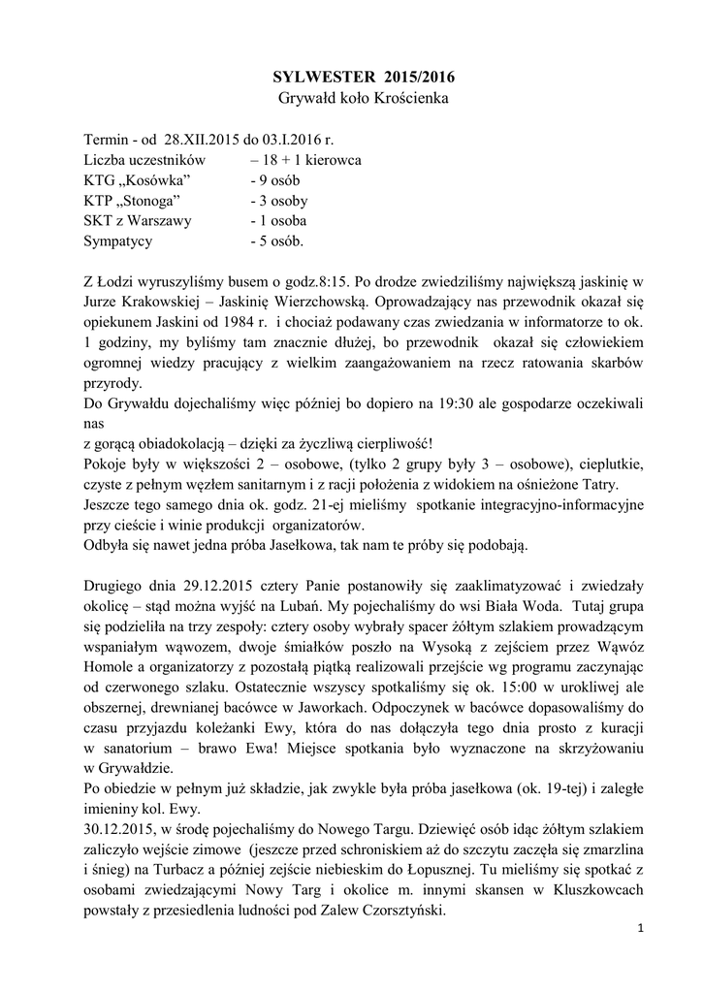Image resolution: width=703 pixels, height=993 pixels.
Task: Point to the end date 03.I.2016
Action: [x=290, y=141]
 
